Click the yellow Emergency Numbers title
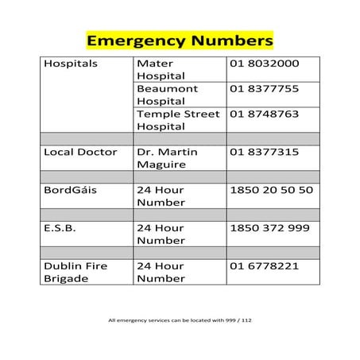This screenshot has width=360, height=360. coord(180,39)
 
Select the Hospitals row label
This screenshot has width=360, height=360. coord(70,64)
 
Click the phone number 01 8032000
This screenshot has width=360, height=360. coord(265,64)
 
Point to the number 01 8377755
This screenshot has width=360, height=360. coord(265,89)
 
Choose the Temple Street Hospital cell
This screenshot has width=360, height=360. coord(180,120)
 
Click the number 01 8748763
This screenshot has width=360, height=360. coord(265,114)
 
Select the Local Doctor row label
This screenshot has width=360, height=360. coord(81,152)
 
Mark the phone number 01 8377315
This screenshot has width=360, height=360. coord(265,152)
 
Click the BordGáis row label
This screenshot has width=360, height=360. coord(70,190)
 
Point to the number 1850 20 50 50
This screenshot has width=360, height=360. coord(271,190)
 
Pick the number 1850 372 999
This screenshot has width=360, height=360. coord(269,228)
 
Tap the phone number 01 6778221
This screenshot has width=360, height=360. coord(265,266)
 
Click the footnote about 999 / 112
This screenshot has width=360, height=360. coord(180,321)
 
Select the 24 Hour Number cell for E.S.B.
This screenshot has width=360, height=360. coord(161,234)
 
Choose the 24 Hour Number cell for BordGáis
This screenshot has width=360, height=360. coord(161,196)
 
